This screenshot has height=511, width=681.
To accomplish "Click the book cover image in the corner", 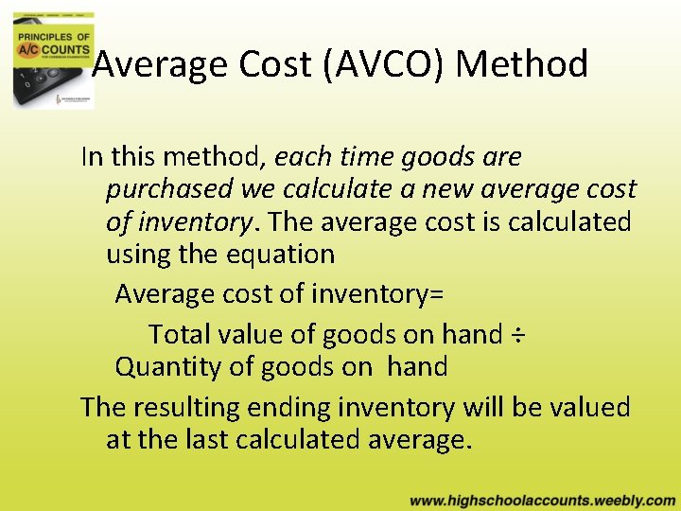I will [x=53, y=54].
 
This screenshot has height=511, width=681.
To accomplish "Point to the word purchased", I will [x=169, y=189].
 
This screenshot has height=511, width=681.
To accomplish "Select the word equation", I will [x=288, y=255].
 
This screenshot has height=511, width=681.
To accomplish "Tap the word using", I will [x=138, y=255].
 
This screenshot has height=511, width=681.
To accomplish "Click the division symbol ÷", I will [x=517, y=335].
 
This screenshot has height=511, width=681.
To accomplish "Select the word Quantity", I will [x=168, y=366].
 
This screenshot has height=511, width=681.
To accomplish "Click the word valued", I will [x=587, y=408].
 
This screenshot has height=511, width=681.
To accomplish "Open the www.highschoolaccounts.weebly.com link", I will [x=542, y=499].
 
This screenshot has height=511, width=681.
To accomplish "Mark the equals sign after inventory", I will [x=435, y=294].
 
